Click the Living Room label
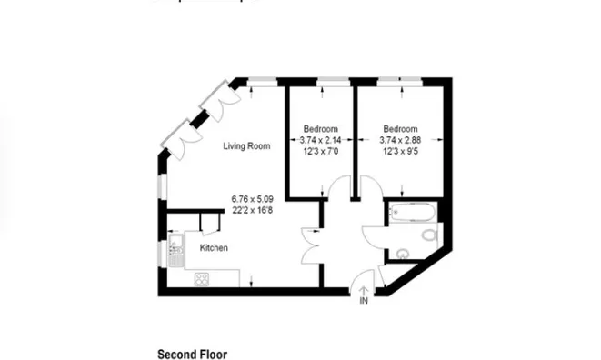247,145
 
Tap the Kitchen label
214,248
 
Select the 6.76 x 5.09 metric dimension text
252,198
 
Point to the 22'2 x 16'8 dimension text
252,210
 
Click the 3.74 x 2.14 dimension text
321,140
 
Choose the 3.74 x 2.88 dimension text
400,140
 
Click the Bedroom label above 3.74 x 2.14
321,128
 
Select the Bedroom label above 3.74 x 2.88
400,128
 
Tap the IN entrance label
364,301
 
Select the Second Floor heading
193,354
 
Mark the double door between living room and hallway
312,246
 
